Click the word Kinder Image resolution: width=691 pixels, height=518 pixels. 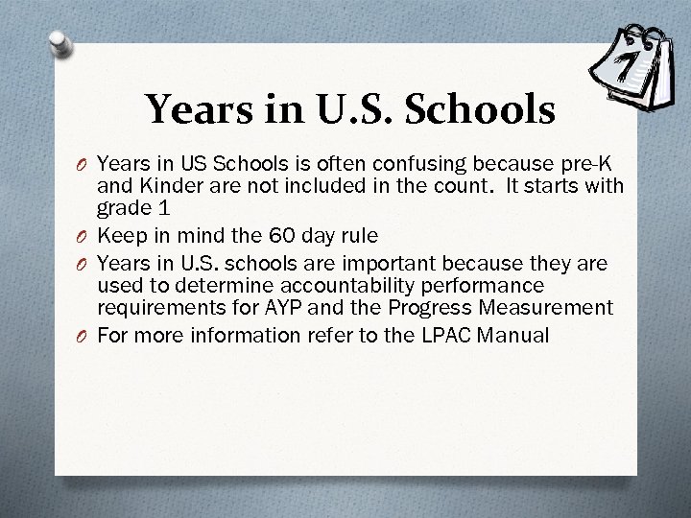pyautogui.click(x=147, y=183)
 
